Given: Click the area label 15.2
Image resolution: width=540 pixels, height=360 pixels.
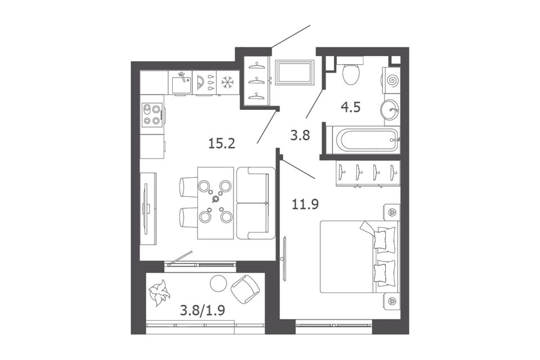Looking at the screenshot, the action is pyautogui.click(x=222, y=143).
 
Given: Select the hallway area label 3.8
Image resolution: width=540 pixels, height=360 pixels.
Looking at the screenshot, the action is pyautogui.click(x=300, y=135).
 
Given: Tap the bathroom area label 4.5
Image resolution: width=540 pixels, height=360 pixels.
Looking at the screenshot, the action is pyautogui.click(x=350, y=107).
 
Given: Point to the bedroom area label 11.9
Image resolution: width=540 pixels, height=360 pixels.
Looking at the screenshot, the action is pyautogui.click(x=305, y=204).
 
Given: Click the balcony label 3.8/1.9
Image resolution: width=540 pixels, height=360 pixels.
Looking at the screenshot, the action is pyautogui.click(x=202, y=310).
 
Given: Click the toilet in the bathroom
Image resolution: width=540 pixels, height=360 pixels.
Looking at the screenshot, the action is pyautogui.click(x=352, y=73).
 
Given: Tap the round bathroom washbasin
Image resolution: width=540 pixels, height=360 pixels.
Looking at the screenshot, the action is pyautogui.click(x=390, y=110).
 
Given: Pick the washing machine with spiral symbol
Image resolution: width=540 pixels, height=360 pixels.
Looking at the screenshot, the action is pyautogui.click(x=391, y=80).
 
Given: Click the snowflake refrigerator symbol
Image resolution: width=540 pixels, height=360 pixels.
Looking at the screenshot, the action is pyautogui.click(x=227, y=82).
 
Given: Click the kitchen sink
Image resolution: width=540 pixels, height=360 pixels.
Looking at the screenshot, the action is pyautogui.click(x=181, y=83).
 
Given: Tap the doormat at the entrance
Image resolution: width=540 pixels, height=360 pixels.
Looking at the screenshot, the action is pyautogui.click(x=295, y=72).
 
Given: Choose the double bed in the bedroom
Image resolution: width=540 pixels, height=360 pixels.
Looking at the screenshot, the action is pyautogui.click(x=359, y=256).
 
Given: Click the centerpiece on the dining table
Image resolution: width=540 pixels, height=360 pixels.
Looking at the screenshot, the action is pyautogui.click(x=215, y=199).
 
